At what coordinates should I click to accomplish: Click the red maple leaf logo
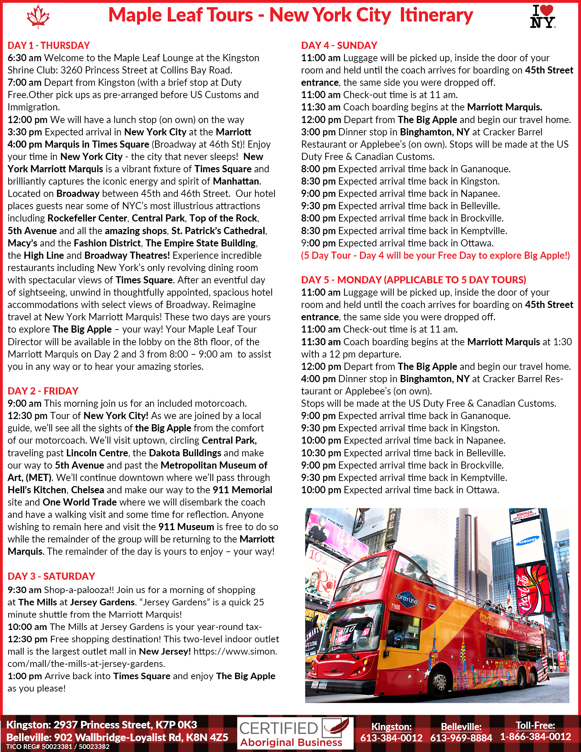click(38, 16)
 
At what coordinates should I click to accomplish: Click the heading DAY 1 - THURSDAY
click(49, 45)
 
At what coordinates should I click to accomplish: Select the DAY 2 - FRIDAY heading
click(43, 391)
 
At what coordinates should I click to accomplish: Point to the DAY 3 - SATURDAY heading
click(51, 576)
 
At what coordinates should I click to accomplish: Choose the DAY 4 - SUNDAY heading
click(339, 45)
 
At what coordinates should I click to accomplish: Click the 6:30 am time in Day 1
click(25, 58)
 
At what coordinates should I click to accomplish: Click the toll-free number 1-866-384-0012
click(535, 737)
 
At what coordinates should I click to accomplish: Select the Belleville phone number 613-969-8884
click(461, 738)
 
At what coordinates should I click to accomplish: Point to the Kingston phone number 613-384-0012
click(391, 738)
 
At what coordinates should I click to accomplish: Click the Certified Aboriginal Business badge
click(295, 733)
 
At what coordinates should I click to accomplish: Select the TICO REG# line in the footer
click(58, 747)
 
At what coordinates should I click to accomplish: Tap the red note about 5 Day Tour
click(435, 255)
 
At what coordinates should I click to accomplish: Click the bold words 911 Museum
click(186, 527)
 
